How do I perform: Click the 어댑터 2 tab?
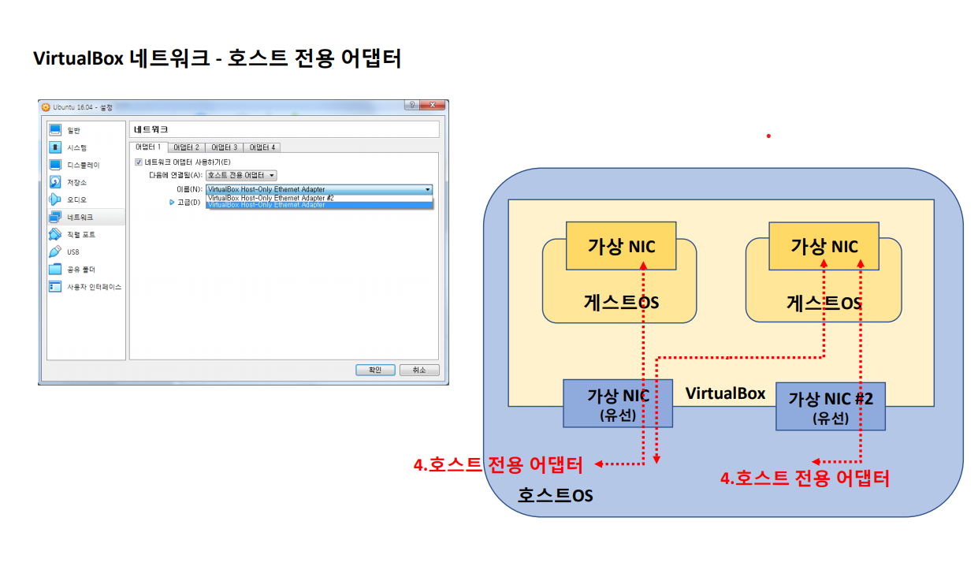click(x=186, y=147)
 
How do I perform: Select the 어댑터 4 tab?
click(x=262, y=147)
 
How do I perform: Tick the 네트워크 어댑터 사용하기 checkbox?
click(x=139, y=162)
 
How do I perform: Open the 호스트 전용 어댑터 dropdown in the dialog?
click(x=241, y=175)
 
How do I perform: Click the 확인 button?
click(x=375, y=370)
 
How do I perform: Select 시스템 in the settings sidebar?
click(x=76, y=147)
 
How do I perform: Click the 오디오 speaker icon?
click(x=55, y=199)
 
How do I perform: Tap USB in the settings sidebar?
click(x=73, y=251)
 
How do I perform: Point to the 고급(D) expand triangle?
click(x=172, y=203)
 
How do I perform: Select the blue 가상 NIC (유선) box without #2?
click(x=618, y=404)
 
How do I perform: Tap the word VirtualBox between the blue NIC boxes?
click(x=725, y=393)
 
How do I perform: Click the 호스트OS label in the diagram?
click(x=555, y=495)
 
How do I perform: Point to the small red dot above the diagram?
click(x=768, y=136)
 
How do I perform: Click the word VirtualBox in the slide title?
click(x=78, y=59)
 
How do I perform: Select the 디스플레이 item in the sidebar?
click(x=83, y=165)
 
